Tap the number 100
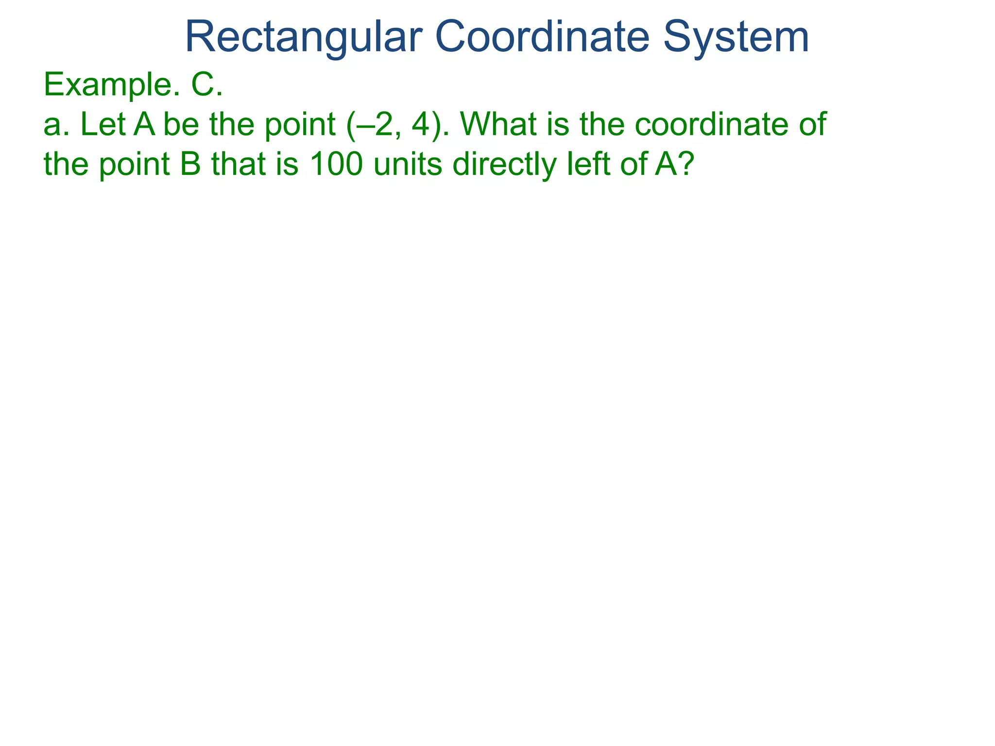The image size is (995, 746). (x=336, y=164)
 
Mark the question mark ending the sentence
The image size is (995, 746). (x=683, y=164)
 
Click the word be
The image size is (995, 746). (x=181, y=124)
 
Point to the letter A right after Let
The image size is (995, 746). (x=144, y=124)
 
